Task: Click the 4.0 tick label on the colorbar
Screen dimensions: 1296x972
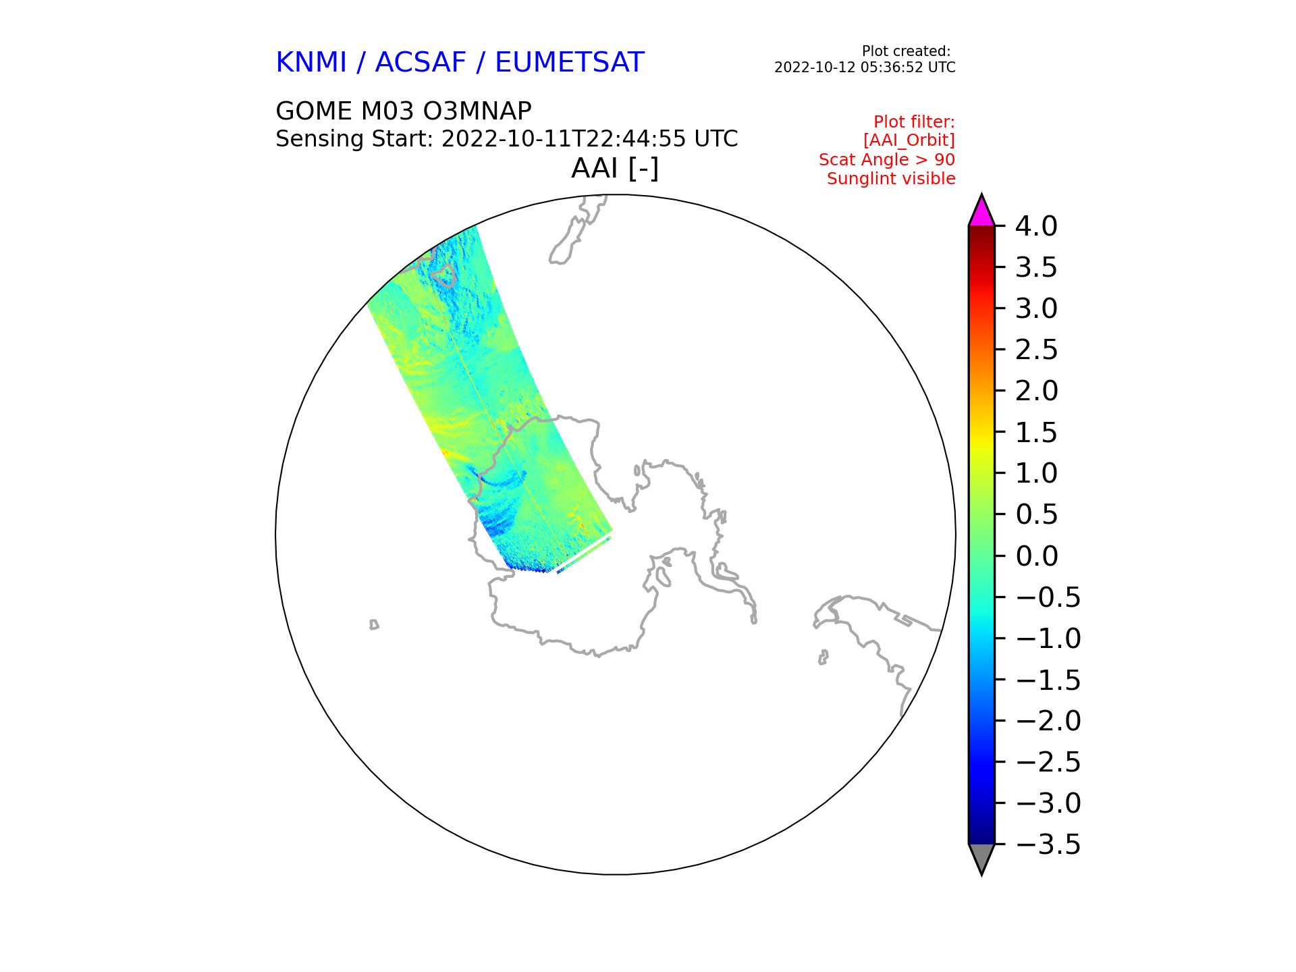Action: tap(1037, 226)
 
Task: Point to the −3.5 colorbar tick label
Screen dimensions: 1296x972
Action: tap(1048, 844)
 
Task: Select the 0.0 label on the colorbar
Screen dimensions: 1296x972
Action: tap(1037, 556)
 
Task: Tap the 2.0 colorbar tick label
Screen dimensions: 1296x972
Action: tap(1037, 391)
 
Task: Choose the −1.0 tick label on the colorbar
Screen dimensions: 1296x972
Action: tap(1048, 639)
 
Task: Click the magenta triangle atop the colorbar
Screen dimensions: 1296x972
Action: tap(981, 211)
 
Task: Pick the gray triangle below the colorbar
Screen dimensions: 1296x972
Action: tap(981, 859)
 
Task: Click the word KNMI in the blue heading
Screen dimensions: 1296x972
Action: tap(311, 63)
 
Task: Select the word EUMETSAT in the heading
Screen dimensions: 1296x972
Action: tap(570, 63)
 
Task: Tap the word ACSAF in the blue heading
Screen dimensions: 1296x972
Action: tap(421, 63)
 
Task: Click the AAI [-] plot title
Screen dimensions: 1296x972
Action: tap(615, 168)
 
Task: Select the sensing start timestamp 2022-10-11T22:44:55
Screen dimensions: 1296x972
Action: tap(564, 139)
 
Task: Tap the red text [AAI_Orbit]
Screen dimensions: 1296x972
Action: tap(909, 140)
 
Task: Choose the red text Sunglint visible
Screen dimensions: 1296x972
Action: tap(891, 179)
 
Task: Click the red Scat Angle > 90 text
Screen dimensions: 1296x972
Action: tap(887, 160)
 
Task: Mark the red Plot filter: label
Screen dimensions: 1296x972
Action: tap(915, 122)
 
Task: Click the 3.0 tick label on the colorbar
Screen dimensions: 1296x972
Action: tap(1037, 308)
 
